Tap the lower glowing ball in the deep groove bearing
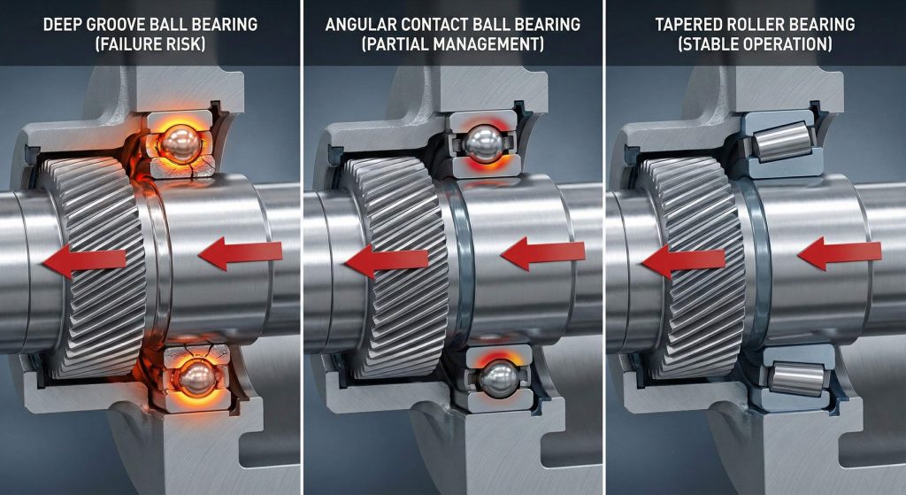(x=197, y=379)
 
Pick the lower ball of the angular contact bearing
(x=498, y=378)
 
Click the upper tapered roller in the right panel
(x=782, y=141)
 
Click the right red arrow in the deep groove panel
(x=240, y=254)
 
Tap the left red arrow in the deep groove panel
(x=84, y=261)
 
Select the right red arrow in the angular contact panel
(x=542, y=253)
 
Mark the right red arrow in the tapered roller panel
(x=840, y=253)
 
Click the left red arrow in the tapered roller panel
(x=684, y=261)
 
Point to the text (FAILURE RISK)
(x=150, y=44)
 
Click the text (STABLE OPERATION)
(x=756, y=44)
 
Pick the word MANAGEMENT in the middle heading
(x=491, y=44)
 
